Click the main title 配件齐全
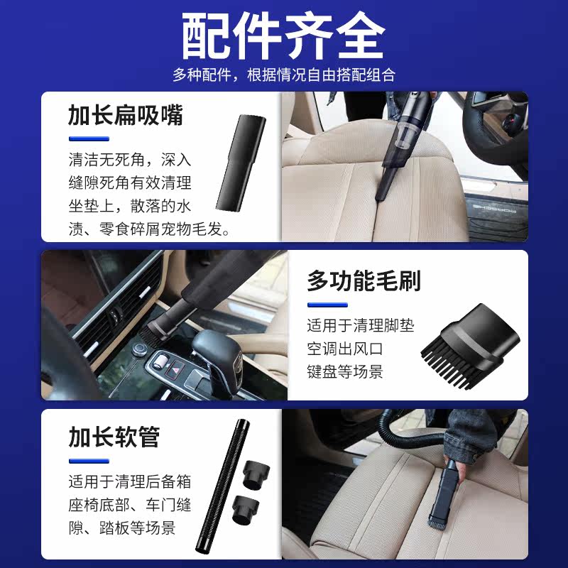coord(284,35)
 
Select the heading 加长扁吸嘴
coord(126,114)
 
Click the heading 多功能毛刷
coord(364,281)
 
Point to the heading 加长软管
coord(114,437)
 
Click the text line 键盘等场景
coord(345,371)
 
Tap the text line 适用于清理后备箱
coord(130,482)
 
